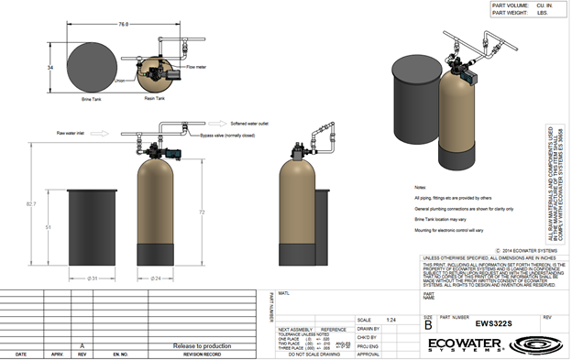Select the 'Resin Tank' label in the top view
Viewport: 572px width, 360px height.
coord(154,97)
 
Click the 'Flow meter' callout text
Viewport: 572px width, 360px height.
coord(196,67)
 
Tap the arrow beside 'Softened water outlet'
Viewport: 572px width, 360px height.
coord(194,122)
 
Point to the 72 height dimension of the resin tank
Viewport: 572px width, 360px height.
coord(202,212)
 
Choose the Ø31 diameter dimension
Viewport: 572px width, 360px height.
coord(92,278)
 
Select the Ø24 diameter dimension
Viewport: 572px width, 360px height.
coord(156,278)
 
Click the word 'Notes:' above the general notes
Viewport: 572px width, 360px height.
coord(422,186)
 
